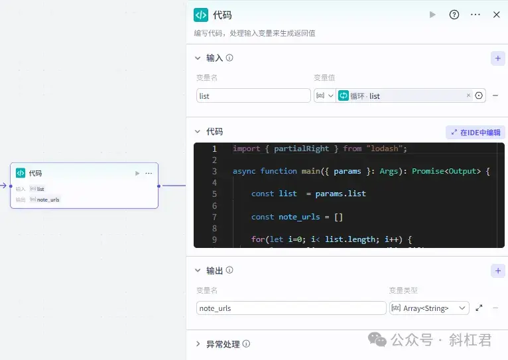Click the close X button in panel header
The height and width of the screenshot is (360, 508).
[496, 15]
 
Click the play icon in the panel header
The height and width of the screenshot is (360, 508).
[432, 15]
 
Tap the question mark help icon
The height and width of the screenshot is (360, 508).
[454, 15]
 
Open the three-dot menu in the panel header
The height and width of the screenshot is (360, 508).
[476, 15]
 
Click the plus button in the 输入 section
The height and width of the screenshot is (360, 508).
[497, 58]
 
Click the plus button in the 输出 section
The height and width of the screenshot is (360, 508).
[497, 270]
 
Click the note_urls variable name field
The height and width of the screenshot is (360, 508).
[291, 308]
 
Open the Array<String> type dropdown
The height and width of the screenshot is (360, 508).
[429, 308]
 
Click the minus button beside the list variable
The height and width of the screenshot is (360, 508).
[495, 96]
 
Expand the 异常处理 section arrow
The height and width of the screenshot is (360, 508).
[198, 344]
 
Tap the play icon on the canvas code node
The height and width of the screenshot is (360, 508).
[137, 173]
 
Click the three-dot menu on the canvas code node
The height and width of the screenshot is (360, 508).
[149, 173]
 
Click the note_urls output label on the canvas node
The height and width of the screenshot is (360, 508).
[48, 200]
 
